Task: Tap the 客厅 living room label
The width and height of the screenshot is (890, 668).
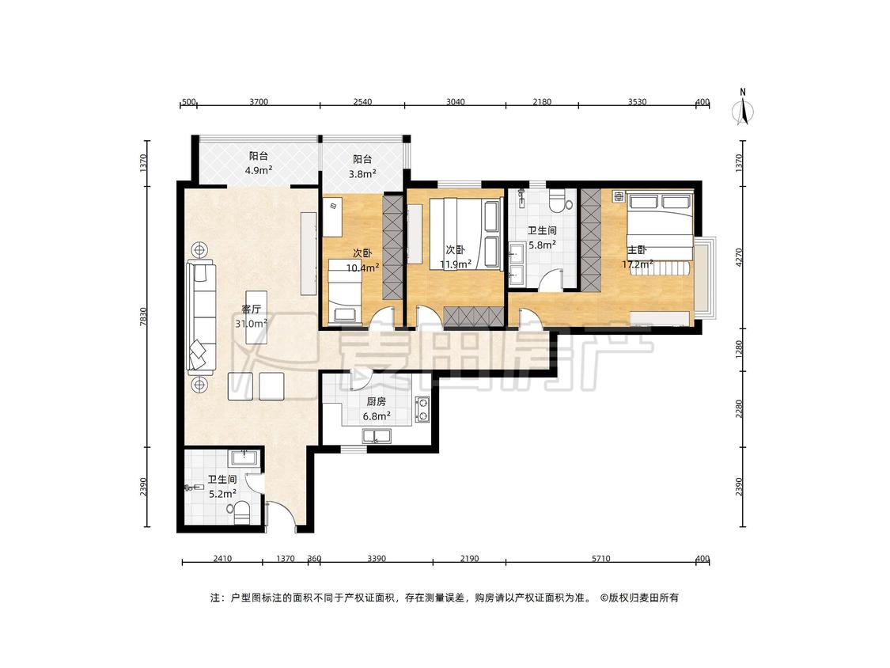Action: pyautogui.click(x=251, y=309)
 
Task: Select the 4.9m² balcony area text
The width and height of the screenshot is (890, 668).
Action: pyautogui.click(x=258, y=170)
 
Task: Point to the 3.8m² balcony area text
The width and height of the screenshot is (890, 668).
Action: pyautogui.click(x=362, y=174)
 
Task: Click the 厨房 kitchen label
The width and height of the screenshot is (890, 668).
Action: pyautogui.click(x=376, y=401)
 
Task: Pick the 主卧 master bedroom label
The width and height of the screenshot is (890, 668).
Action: pyautogui.click(x=637, y=250)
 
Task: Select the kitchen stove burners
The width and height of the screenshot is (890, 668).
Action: pyautogui.click(x=422, y=409)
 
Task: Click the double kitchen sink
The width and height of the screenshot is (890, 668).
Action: pyautogui.click(x=377, y=435)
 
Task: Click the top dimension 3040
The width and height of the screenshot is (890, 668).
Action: pyautogui.click(x=455, y=101)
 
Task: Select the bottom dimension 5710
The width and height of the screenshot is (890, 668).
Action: pyautogui.click(x=601, y=558)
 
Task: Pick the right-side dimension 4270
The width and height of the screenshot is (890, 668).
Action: pyautogui.click(x=738, y=256)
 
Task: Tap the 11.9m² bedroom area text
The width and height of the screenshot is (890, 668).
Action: pyautogui.click(x=455, y=264)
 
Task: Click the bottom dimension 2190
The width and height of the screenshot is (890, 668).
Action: pyautogui.click(x=469, y=558)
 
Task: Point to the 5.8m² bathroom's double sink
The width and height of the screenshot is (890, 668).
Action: pyautogui.click(x=517, y=264)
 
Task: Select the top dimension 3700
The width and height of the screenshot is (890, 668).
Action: pyautogui.click(x=258, y=101)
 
